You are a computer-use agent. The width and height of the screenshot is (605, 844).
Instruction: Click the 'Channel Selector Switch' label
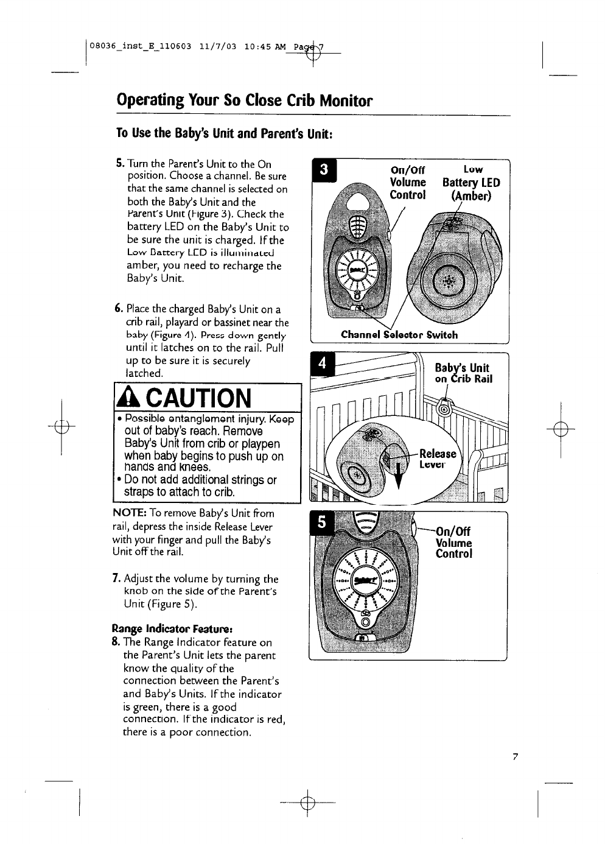coord(399,334)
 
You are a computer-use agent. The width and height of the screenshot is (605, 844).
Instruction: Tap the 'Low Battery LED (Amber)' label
coord(471,183)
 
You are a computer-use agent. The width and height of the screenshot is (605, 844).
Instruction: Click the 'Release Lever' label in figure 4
coord(438,459)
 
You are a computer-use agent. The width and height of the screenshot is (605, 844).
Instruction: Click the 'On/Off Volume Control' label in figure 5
coord(454,542)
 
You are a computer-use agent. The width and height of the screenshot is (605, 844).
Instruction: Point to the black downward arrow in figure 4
coord(399,475)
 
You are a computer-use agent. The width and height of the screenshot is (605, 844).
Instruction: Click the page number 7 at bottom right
coord(514,757)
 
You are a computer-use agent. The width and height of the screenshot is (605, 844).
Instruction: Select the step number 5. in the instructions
coord(120,164)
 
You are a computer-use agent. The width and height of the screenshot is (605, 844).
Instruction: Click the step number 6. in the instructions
coord(120,309)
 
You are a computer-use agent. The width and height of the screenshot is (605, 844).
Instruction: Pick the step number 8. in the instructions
coord(116,642)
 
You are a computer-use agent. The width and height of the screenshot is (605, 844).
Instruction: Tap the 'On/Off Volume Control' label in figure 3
coord(407,182)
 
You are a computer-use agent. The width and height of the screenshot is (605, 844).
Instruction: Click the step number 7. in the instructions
coord(116,578)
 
